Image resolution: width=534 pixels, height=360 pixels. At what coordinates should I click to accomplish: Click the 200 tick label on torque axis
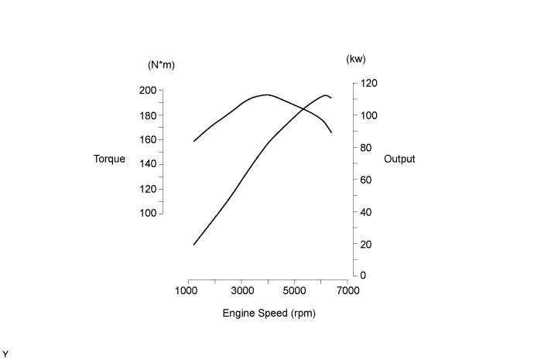[148, 91]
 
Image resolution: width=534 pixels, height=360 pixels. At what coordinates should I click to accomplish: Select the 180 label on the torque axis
[148, 115]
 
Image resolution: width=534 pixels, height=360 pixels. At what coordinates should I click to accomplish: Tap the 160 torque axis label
[148, 140]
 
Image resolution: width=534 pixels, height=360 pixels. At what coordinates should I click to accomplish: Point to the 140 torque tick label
[148, 164]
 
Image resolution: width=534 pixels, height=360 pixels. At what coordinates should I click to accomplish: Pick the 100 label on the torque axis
[148, 213]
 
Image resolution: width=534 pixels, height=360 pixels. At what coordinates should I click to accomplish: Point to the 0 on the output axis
[362, 276]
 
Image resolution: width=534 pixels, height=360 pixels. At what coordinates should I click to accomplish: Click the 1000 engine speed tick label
[189, 291]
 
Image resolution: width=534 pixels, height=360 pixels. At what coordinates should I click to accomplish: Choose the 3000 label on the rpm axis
[242, 291]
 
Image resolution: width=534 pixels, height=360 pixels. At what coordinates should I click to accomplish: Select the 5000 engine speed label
[295, 291]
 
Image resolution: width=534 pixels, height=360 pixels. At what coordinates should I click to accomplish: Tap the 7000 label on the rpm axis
[348, 291]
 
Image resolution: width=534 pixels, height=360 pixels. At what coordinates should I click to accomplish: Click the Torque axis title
[109, 159]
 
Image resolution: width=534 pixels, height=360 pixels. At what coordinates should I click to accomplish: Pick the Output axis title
[399, 159]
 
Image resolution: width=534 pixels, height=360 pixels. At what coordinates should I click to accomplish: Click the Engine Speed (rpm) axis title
[269, 314]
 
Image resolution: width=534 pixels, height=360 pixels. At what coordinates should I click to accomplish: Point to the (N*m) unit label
[161, 65]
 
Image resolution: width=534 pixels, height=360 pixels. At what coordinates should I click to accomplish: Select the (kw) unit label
[356, 59]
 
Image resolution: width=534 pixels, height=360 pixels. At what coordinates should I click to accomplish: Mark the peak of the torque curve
[267, 94]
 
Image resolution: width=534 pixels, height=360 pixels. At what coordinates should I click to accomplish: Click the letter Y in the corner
[5, 354]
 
